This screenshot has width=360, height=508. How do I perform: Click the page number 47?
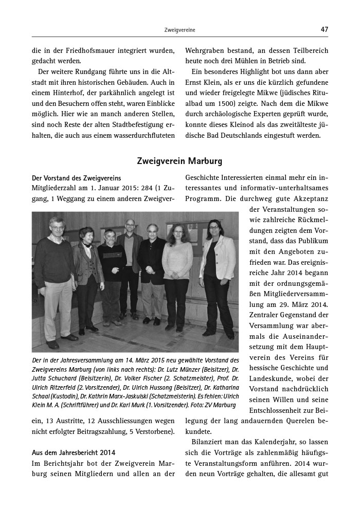pos(324,30)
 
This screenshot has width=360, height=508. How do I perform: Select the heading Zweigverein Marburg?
pos(179,161)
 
